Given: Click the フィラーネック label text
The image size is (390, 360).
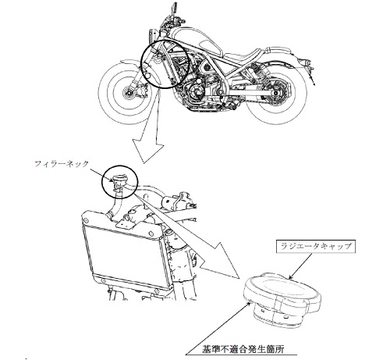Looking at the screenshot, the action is pyautogui.click(x=62, y=164).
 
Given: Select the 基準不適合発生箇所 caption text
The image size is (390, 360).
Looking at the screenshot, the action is pyautogui.click(x=243, y=349).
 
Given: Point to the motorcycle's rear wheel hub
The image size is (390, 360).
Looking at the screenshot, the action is pyautogui.click(x=276, y=92).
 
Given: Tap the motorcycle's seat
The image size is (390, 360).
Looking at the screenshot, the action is pyautogui.click(x=250, y=55).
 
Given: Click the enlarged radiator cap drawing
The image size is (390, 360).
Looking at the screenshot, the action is pyautogui.click(x=283, y=298).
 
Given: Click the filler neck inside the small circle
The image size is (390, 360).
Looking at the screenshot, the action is pyautogui.click(x=119, y=182).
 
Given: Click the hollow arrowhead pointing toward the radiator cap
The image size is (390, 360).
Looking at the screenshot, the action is pyautogui.click(x=221, y=260).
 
